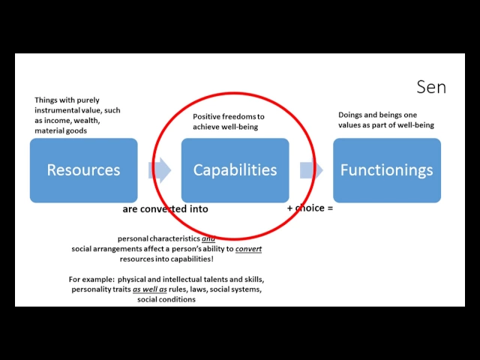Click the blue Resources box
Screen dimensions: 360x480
tap(83, 170)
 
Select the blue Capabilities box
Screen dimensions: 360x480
tap(235, 170)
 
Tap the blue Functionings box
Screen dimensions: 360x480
tap(386, 170)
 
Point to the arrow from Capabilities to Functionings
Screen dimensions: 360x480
tap(310, 170)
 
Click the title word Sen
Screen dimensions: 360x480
tap(430, 87)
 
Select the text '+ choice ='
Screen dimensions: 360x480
tap(310, 208)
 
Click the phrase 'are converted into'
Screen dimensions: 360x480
tap(165, 209)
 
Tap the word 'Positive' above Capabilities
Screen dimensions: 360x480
tap(208, 117)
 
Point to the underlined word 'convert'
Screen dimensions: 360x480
tap(248, 248)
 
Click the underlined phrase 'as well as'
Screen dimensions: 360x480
tap(148, 289)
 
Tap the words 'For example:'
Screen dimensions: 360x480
tap(91, 279)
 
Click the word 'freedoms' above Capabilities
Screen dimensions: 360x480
tap(240, 117)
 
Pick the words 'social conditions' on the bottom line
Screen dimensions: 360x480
tap(166, 299)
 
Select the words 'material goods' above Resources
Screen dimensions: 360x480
tap(61, 130)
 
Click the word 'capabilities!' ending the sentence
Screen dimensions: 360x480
tap(191, 258)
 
